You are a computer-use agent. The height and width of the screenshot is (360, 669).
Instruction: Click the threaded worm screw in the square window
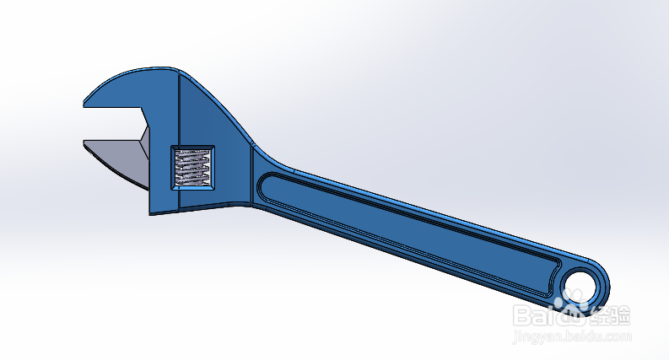click(192, 166)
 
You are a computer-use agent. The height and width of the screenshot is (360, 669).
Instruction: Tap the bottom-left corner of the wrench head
click(153, 212)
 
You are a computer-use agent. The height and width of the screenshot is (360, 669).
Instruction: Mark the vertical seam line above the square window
click(181, 110)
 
